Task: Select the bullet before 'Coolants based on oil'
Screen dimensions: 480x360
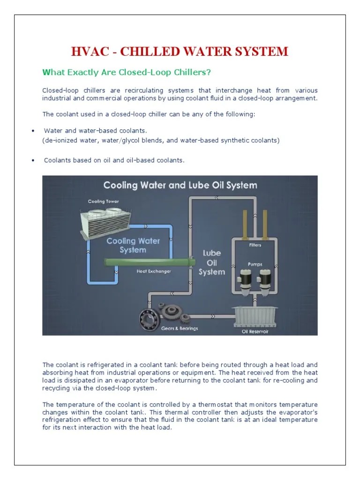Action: coord(33,161)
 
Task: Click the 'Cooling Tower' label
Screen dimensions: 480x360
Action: coord(104,202)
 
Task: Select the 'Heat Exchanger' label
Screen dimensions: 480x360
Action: coord(154,271)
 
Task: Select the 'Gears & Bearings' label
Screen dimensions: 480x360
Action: coord(179,328)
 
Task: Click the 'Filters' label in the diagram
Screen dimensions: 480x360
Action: coord(255,245)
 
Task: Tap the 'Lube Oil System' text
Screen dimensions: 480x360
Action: coord(211,262)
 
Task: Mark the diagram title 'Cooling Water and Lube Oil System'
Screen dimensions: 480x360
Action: coord(180,185)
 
